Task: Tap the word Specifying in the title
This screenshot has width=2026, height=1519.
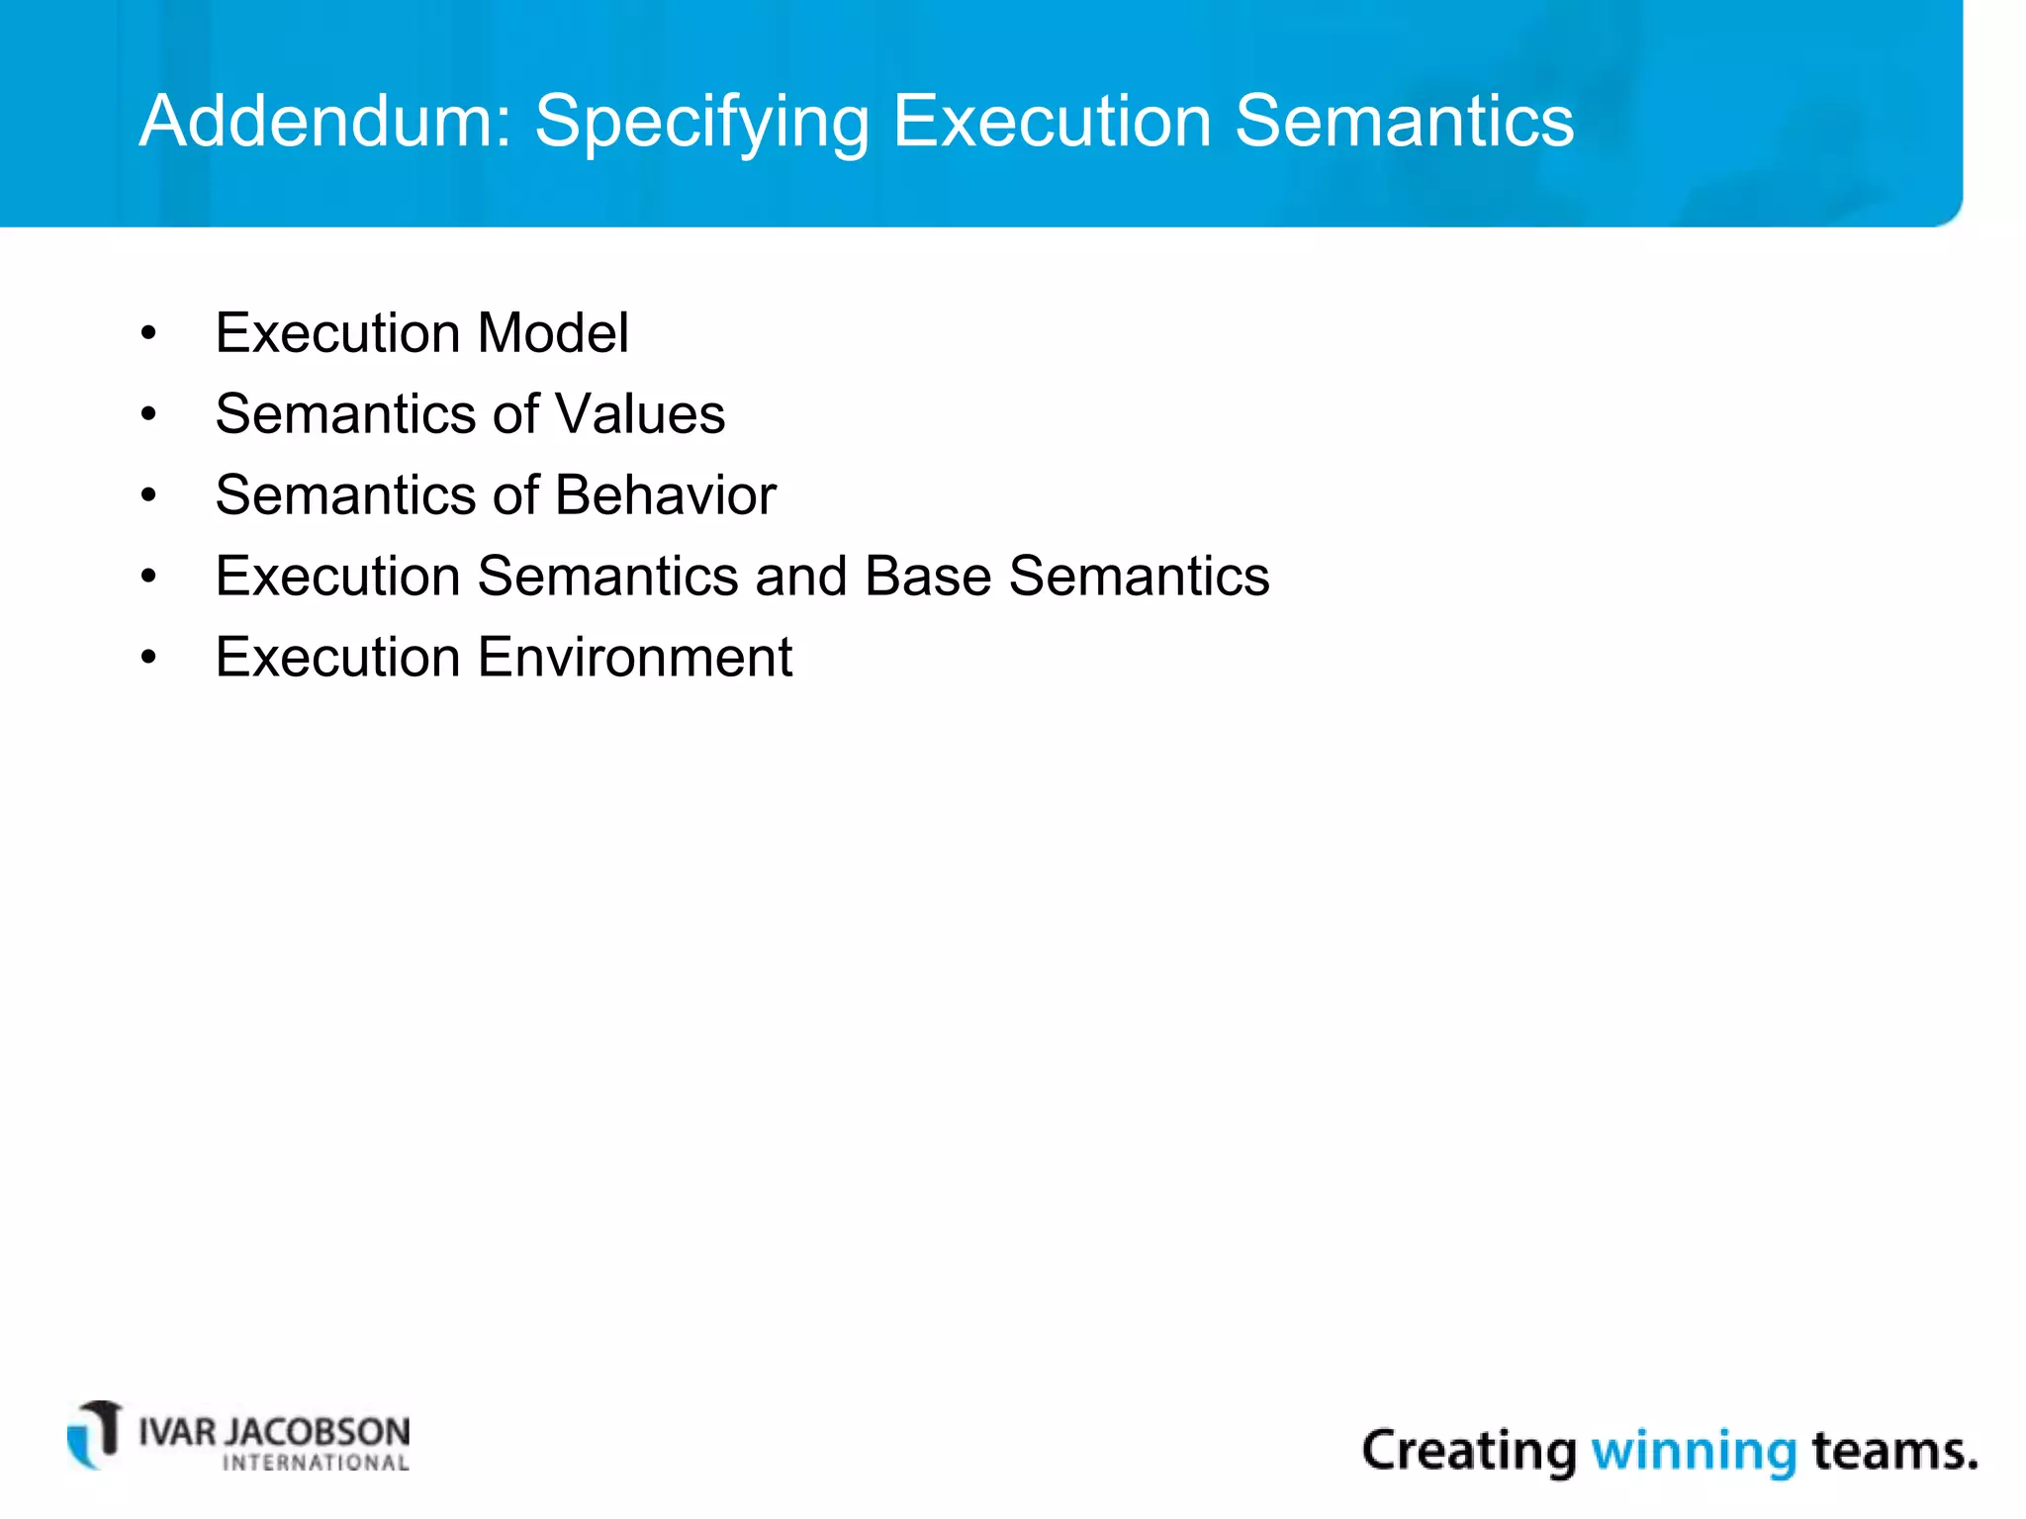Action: (x=701, y=123)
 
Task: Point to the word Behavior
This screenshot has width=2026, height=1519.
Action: (x=665, y=495)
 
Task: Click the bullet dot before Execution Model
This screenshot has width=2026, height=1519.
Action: (x=148, y=334)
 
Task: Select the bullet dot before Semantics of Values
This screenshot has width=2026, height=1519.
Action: (x=148, y=415)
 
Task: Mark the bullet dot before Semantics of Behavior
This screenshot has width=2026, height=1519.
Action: (x=148, y=496)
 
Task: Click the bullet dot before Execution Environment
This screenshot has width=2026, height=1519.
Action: (x=148, y=659)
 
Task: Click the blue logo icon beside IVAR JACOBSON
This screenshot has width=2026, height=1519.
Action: (x=95, y=1435)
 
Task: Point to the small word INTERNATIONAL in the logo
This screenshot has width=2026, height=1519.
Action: (x=316, y=1464)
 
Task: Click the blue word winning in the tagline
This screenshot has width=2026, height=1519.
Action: (x=1693, y=1452)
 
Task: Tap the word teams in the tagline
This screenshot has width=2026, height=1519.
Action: (x=1887, y=1452)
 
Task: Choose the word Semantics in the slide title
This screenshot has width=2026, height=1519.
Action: (x=1404, y=121)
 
